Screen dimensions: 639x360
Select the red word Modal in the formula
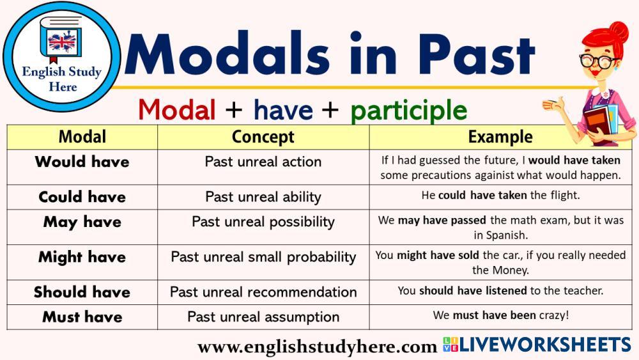coord(177,110)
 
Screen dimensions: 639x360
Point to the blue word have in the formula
coord(283,110)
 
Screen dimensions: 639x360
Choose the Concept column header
coord(263,137)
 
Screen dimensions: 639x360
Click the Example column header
coord(500,137)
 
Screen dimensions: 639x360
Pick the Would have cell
coord(82,162)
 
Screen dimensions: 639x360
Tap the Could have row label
coord(82,197)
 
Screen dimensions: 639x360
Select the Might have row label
coord(82,257)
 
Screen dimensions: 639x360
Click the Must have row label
coord(82,317)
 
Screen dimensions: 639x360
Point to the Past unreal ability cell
coord(263,198)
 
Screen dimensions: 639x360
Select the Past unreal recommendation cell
coord(263,292)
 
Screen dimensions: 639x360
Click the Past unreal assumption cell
coord(263,317)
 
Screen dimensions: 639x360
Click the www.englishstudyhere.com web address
coord(317,347)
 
